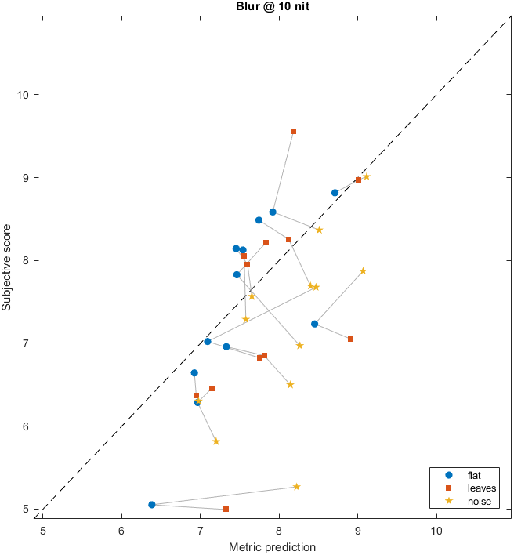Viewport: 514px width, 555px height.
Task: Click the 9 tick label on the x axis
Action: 358,529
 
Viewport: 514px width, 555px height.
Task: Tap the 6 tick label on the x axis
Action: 121,529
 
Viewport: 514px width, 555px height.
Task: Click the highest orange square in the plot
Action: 293,132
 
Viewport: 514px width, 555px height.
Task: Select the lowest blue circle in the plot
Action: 151,505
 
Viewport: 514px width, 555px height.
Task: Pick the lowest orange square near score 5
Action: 226,509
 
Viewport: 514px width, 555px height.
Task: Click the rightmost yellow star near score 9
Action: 366,176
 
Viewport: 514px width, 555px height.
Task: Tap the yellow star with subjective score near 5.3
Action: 297,487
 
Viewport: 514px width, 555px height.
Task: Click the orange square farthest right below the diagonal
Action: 350,339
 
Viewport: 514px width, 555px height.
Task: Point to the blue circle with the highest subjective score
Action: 335,193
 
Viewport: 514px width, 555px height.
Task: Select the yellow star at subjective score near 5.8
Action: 215,441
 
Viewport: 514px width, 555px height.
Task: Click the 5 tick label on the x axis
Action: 43,529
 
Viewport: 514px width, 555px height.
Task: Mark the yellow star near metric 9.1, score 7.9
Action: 363,271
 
